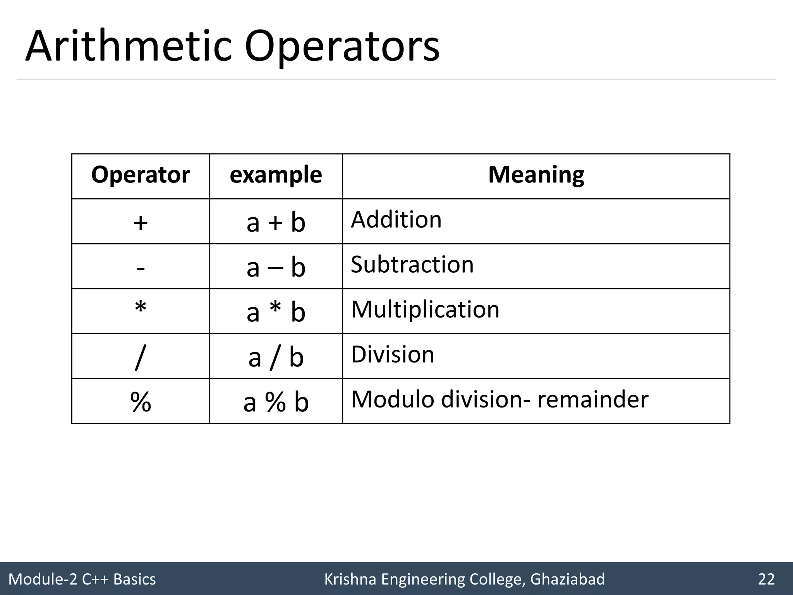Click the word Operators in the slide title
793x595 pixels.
click(342, 47)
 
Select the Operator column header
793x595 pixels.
click(141, 175)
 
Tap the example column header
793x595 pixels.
click(276, 175)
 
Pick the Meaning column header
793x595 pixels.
click(536, 175)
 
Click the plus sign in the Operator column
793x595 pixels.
click(141, 223)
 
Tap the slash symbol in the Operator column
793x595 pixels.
click(141, 357)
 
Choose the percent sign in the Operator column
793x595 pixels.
click(141, 402)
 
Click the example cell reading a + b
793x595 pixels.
click(276, 223)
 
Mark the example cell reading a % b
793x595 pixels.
click(276, 402)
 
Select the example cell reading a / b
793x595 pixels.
click(276, 357)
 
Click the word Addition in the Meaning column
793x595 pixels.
click(396, 220)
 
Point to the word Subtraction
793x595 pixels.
click(412, 265)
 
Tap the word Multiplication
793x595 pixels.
click(425, 310)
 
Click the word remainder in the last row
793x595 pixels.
click(592, 399)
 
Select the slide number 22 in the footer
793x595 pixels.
click(766, 579)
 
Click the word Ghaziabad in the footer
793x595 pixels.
click(567, 579)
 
